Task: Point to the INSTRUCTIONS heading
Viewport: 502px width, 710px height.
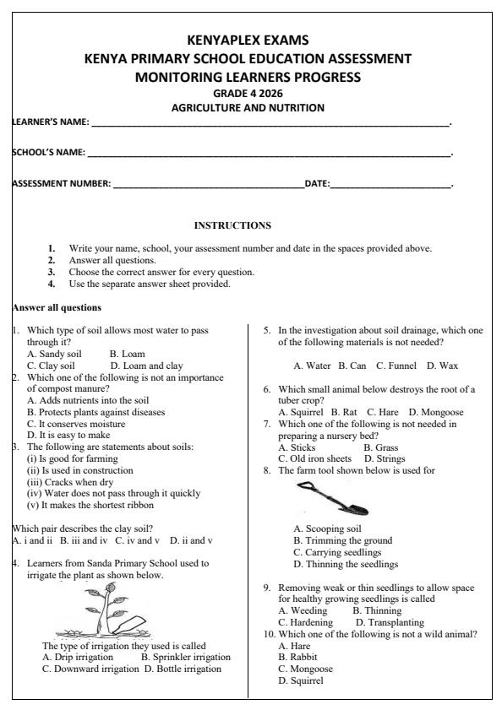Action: click(x=233, y=225)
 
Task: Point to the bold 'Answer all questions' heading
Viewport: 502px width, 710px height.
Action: click(x=56, y=307)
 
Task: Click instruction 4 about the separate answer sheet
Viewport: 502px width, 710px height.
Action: click(x=149, y=284)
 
